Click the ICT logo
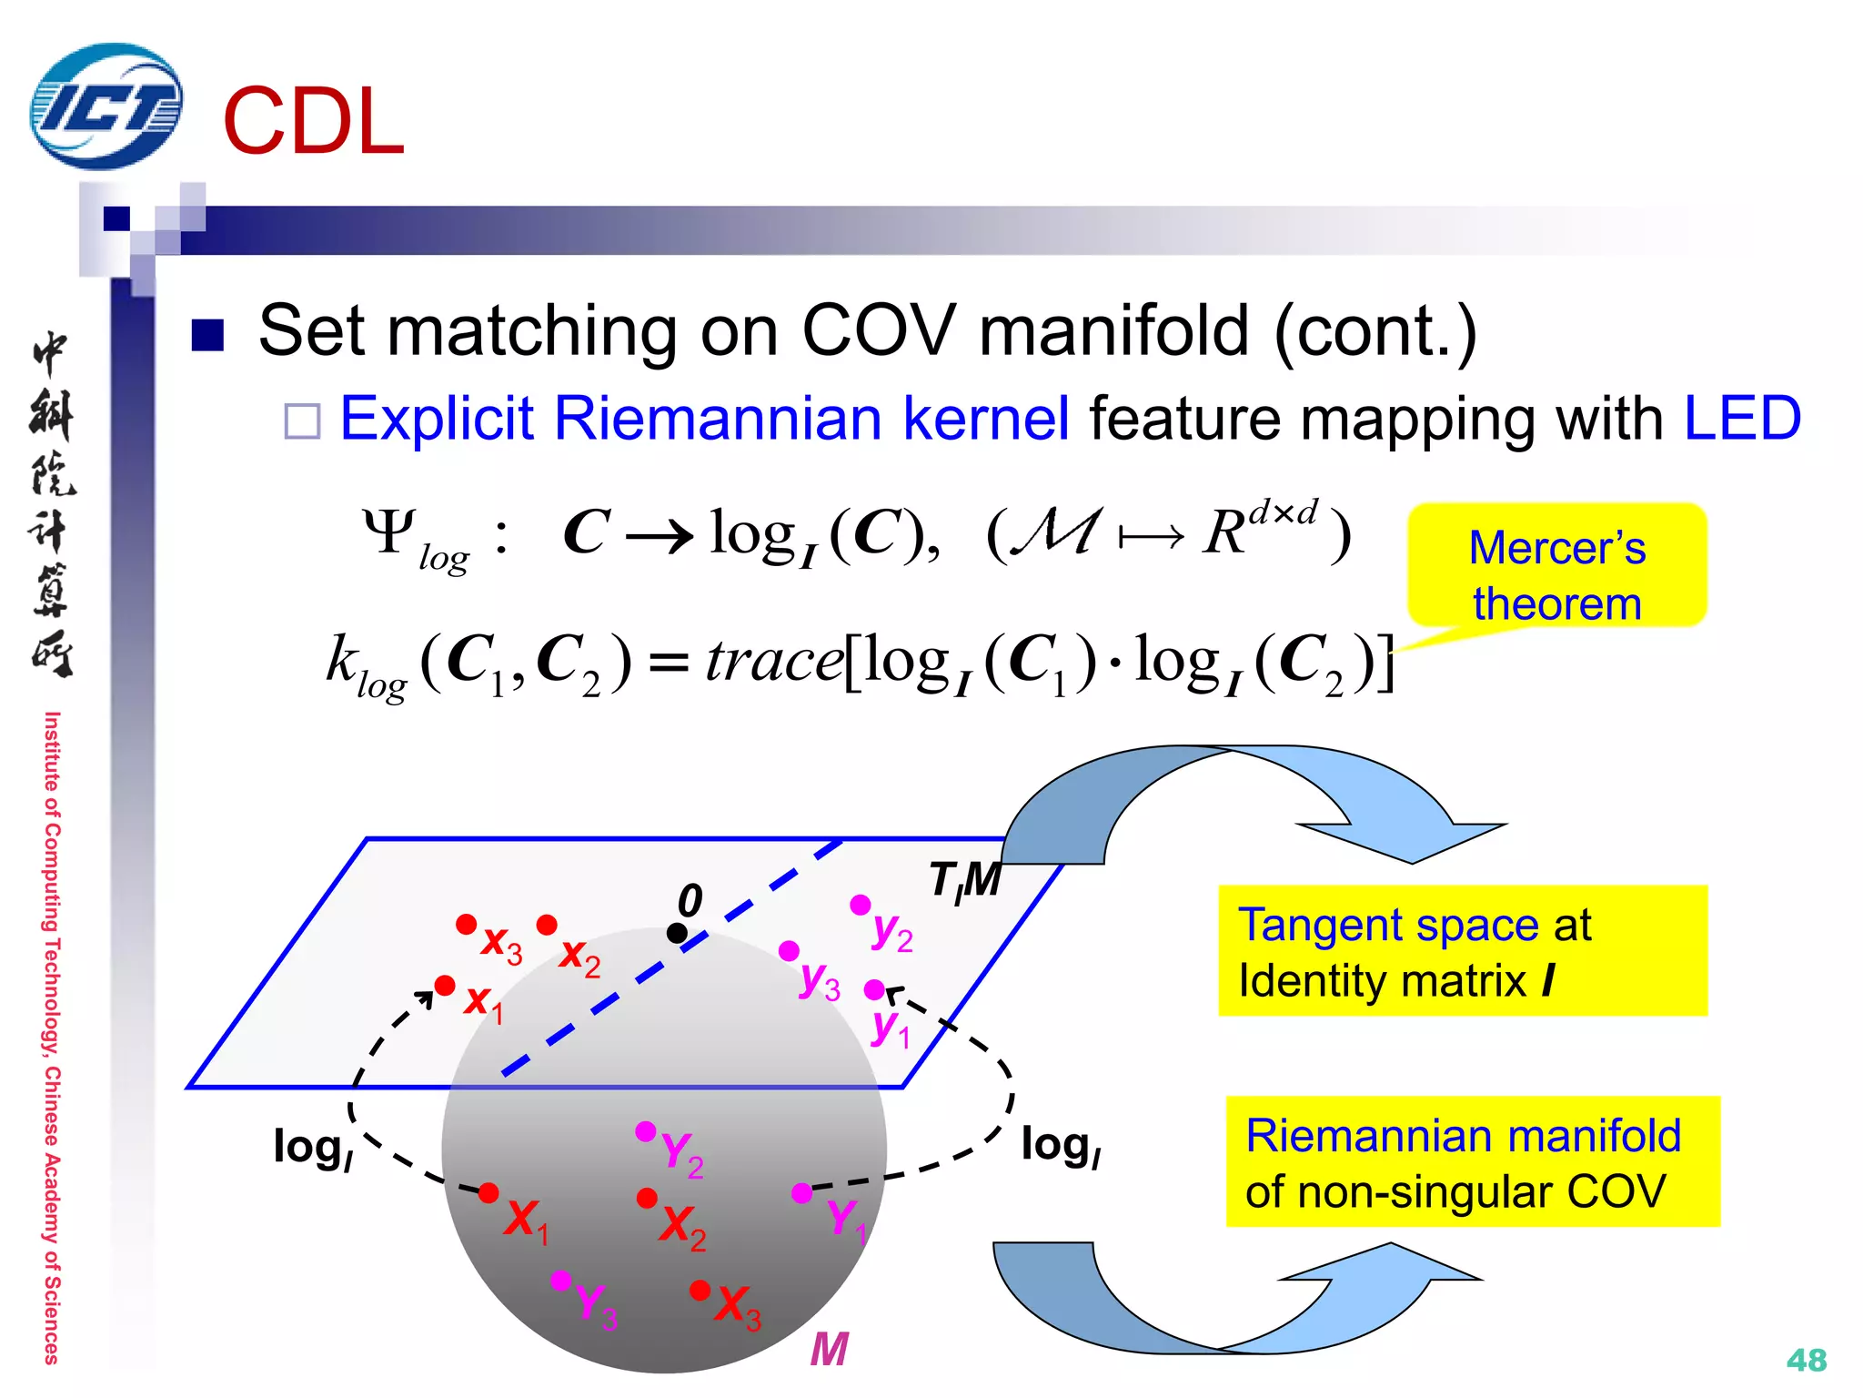106,106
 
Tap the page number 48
1806,1360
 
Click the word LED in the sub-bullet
1741,419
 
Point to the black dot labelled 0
677,933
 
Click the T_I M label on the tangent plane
964,880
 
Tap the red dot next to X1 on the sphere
488,1192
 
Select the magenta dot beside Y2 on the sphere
645,1131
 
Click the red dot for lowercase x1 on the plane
445,986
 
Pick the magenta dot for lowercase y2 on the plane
860,905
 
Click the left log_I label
312,1147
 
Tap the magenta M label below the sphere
829,1349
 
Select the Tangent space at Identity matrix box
1462,951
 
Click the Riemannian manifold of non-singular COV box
1472,1162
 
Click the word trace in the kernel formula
773,661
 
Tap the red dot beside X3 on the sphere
700,1290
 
